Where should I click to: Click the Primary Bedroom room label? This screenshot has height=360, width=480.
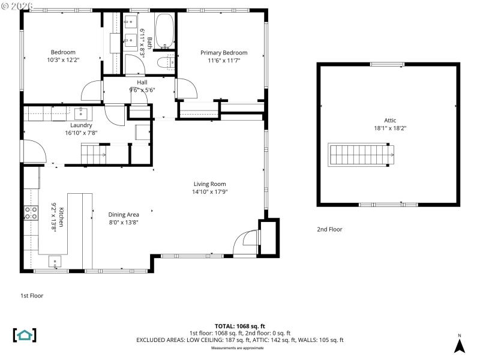pos(223,53)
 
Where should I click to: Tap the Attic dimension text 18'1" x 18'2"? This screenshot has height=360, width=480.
pos(390,128)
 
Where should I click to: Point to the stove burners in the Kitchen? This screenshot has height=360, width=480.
pos(30,212)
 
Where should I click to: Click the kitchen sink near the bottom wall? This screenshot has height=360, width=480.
pos(55,261)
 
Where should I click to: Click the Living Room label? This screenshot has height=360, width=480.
pos(209,184)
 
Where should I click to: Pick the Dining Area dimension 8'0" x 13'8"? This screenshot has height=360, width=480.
pos(124,222)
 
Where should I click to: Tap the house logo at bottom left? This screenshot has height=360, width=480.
pos(25,335)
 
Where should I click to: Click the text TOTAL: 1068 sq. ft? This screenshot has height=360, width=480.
pos(239,326)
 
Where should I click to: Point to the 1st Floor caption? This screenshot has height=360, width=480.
pos(32,295)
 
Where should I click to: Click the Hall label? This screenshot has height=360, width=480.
pos(142,82)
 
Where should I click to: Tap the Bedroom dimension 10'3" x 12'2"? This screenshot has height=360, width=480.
pos(63,60)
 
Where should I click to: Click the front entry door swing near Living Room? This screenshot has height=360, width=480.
pos(246,242)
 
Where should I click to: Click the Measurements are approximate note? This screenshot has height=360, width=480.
pos(239,347)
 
